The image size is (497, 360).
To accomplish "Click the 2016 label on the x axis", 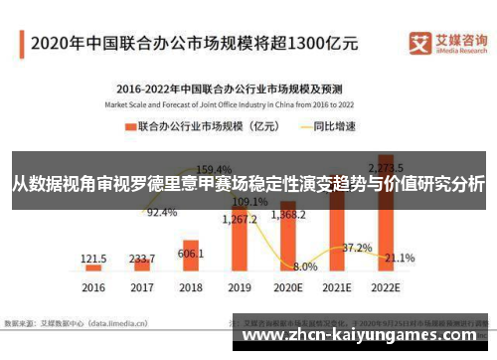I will (92, 288).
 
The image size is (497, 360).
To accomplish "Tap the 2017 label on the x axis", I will (141, 288).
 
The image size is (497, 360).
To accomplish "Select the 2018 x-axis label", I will (191, 288).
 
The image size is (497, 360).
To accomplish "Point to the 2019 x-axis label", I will (240, 288).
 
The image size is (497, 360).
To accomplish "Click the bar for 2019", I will (240, 249).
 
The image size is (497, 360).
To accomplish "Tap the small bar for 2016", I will (92, 268).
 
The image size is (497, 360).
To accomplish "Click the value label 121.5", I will (93, 258).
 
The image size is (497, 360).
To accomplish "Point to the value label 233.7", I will (141, 257).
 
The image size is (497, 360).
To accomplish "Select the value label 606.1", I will (191, 254).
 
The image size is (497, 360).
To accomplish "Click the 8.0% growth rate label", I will (305, 267).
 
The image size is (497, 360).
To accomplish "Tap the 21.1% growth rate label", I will (400, 258).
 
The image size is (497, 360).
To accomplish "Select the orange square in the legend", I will (129, 126).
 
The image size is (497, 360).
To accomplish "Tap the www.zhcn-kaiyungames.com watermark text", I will (367, 336).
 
